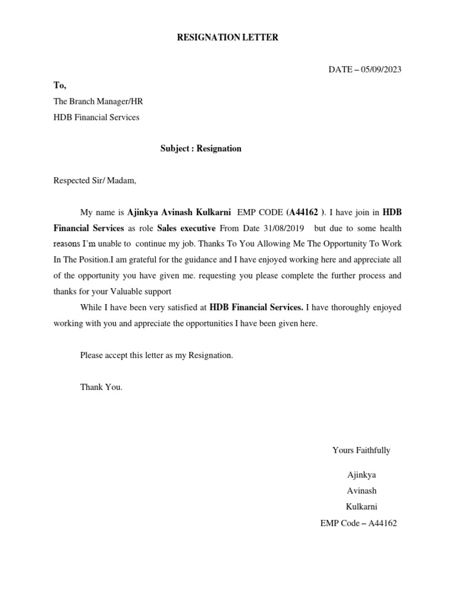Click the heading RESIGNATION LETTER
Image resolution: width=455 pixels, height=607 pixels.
tap(228, 38)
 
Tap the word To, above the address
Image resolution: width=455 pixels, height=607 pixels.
tap(60, 85)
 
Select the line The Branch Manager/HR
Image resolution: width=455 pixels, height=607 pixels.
tap(98, 101)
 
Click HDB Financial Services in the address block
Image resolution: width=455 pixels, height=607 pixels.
tap(97, 117)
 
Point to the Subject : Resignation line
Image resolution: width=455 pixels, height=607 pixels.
tap(201, 149)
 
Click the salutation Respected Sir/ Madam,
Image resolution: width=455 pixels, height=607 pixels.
tap(95, 181)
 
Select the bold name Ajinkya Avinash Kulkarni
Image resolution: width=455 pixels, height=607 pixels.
tap(179, 212)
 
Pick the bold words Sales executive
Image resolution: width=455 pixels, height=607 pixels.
tap(186, 228)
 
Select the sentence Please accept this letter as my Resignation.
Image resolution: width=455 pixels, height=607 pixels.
tap(157, 355)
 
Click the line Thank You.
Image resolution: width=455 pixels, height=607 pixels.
tap(101, 387)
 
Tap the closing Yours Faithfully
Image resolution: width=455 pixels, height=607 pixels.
tap(361, 451)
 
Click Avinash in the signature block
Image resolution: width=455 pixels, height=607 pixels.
tap(361, 491)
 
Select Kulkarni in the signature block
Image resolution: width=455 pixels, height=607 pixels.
tap(361, 507)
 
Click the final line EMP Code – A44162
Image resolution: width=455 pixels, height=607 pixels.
tap(358, 523)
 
